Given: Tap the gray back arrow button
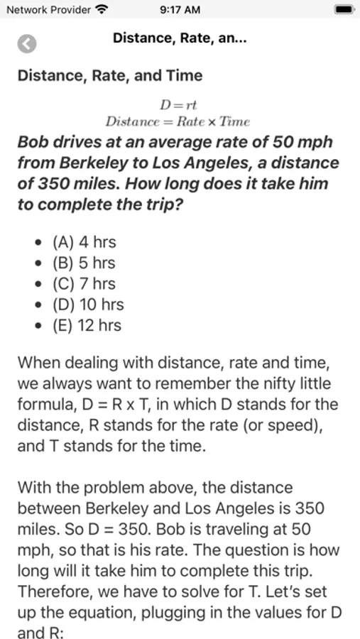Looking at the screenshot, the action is pyautogui.click(x=27, y=43).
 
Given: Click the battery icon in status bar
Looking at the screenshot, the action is pyautogui.click(x=344, y=10).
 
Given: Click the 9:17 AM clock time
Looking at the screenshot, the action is pyautogui.click(x=180, y=10).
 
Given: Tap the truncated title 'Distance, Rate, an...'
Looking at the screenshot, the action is pyautogui.click(x=180, y=39).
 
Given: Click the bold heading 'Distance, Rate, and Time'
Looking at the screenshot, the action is pyautogui.click(x=110, y=76).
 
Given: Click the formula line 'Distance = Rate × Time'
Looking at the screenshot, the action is pyautogui.click(x=178, y=121).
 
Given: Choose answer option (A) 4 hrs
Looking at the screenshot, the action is pyautogui.click(x=84, y=242).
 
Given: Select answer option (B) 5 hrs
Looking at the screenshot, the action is pyautogui.click(x=84, y=263).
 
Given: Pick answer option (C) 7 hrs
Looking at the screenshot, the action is pyautogui.click(x=84, y=284).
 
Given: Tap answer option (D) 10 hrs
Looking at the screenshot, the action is pyautogui.click(x=88, y=305).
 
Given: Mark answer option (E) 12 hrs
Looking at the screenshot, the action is pyautogui.click(x=87, y=326).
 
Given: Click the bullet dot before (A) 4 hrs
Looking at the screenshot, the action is pyautogui.click(x=38, y=243).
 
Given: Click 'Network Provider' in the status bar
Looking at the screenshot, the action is pyautogui.click(x=48, y=10).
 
